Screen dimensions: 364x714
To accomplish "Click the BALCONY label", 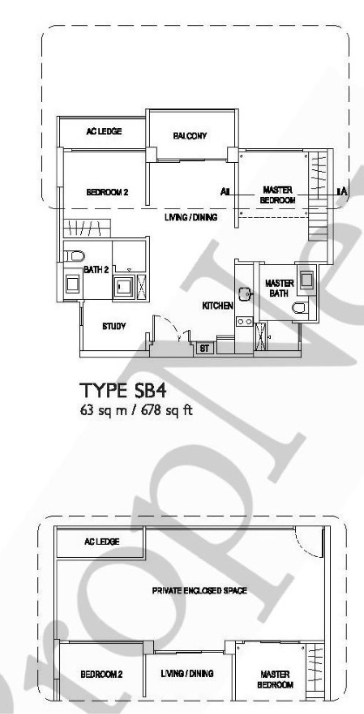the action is [x=190, y=136].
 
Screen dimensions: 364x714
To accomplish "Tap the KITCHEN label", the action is [x=218, y=306].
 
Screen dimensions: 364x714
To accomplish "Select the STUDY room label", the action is [x=114, y=326].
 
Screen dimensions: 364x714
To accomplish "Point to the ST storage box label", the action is [x=204, y=349].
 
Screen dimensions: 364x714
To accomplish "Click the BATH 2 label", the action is [x=96, y=270].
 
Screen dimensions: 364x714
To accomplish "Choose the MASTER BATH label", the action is [x=279, y=288].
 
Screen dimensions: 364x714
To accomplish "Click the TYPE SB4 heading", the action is [x=122, y=391].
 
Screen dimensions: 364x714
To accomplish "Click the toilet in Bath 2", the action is [x=74, y=256].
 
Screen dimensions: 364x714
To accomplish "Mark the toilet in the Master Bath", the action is [x=299, y=308].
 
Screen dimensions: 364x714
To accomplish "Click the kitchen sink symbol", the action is [x=245, y=294].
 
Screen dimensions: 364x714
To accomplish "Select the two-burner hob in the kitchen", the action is [x=244, y=321].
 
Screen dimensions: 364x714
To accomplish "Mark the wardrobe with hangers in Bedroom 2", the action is [x=86, y=228].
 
